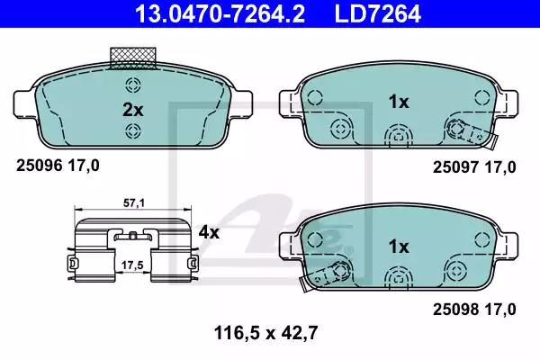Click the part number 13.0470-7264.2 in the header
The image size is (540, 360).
pyautogui.click(x=197, y=13)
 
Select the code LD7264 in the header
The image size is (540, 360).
pyautogui.click(x=379, y=13)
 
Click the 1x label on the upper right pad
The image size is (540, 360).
pyautogui.click(x=397, y=103)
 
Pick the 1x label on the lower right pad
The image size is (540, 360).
pyautogui.click(x=397, y=246)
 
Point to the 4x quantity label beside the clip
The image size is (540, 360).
pyautogui.click(x=209, y=232)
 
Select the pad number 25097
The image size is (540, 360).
pyautogui.click(x=454, y=166)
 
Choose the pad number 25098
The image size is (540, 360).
pyautogui.click(x=454, y=310)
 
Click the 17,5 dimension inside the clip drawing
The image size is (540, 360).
pyautogui.click(x=133, y=265)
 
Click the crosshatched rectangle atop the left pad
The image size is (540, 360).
pyautogui.click(x=131, y=58)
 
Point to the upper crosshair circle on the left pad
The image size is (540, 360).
pyautogui.click(x=133, y=86)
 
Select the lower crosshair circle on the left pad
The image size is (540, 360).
pyautogui.click(x=133, y=132)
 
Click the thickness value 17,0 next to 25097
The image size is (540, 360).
pyautogui.click(x=500, y=166)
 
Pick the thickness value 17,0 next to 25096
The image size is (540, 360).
pyautogui.click(x=84, y=166)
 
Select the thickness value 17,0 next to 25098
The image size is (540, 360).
pyautogui.click(x=500, y=310)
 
